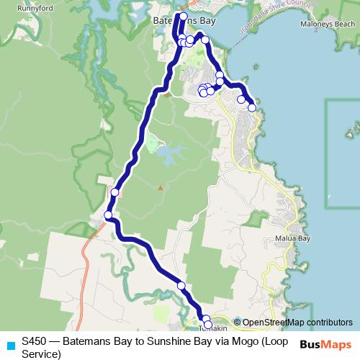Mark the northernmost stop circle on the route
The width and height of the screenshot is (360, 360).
183,16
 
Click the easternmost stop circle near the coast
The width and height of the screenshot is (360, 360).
252,108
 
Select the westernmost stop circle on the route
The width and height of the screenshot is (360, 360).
108,215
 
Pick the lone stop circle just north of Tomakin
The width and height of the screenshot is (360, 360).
181,286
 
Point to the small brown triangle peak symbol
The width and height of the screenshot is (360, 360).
161,187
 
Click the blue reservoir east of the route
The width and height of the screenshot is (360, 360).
170,153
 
